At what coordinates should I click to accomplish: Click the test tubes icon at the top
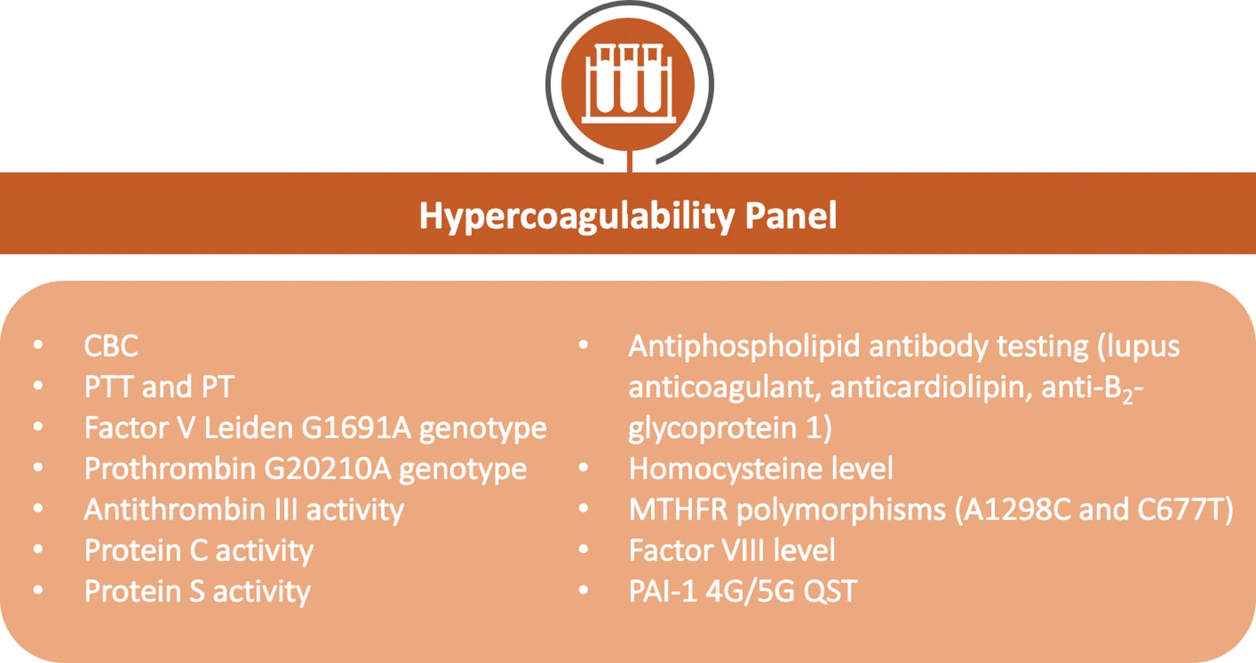click(x=629, y=84)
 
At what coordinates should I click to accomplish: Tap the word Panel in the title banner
click(x=791, y=216)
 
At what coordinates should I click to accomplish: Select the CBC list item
click(x=111, y=346)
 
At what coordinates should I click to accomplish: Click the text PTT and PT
click(x=159, y=386)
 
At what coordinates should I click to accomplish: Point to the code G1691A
click(x=356, y=427)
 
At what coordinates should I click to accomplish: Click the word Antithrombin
click(x=175, y=509)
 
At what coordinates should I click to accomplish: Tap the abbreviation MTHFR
click(x=678, y=509)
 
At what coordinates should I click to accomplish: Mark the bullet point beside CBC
click(x=38, y=344)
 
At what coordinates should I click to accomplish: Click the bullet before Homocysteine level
click(x=583, y=467)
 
